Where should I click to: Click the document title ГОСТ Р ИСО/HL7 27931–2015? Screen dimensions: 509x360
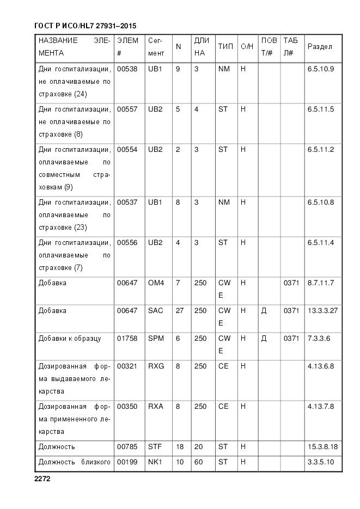[85, 26]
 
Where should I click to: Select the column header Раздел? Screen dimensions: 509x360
[320, 47]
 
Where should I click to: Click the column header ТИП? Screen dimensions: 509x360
[225, 47]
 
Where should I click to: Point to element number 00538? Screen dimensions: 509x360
[127, 69]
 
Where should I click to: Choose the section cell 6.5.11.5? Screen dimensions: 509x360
[321, 109]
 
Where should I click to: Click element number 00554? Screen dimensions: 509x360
[127, 150]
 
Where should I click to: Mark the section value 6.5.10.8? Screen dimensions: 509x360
[321, 203]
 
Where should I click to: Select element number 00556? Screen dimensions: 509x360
[127, 243]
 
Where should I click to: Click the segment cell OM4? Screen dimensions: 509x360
[156, 283]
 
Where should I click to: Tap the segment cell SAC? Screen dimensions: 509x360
[156, 311]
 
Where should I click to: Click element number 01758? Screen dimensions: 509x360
[127, 339]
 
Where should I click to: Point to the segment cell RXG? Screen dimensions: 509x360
[156, 366]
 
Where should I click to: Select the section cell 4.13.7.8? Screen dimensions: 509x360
[321, 407]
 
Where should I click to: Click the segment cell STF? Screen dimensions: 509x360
[155, 447]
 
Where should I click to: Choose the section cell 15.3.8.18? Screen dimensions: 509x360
[323, 447]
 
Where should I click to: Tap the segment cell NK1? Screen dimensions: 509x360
[156, 463]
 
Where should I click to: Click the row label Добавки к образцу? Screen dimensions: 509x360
[70, 339]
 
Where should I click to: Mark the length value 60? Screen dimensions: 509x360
[198, 463]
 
